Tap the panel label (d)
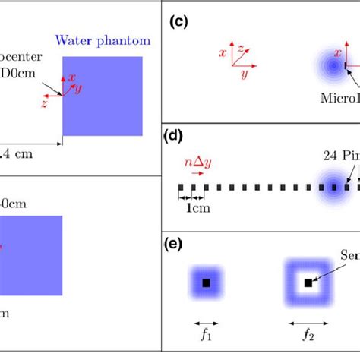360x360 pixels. (x=175, y=136)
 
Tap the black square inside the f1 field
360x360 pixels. (x=206, y=283)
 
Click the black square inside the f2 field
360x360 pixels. (x=308, y=283)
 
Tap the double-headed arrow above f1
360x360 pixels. (x=205, y=320)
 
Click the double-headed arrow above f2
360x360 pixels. (x=308, y=320)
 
